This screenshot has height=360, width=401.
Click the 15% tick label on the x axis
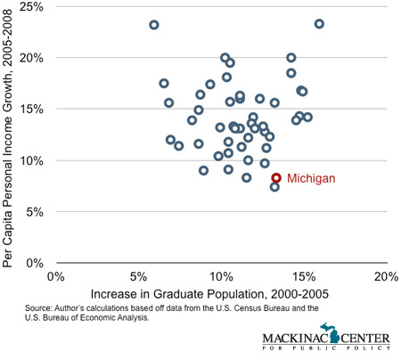[303, 277]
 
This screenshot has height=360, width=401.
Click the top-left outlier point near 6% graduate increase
[154, 25]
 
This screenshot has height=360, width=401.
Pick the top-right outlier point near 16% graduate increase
[319, 24]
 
